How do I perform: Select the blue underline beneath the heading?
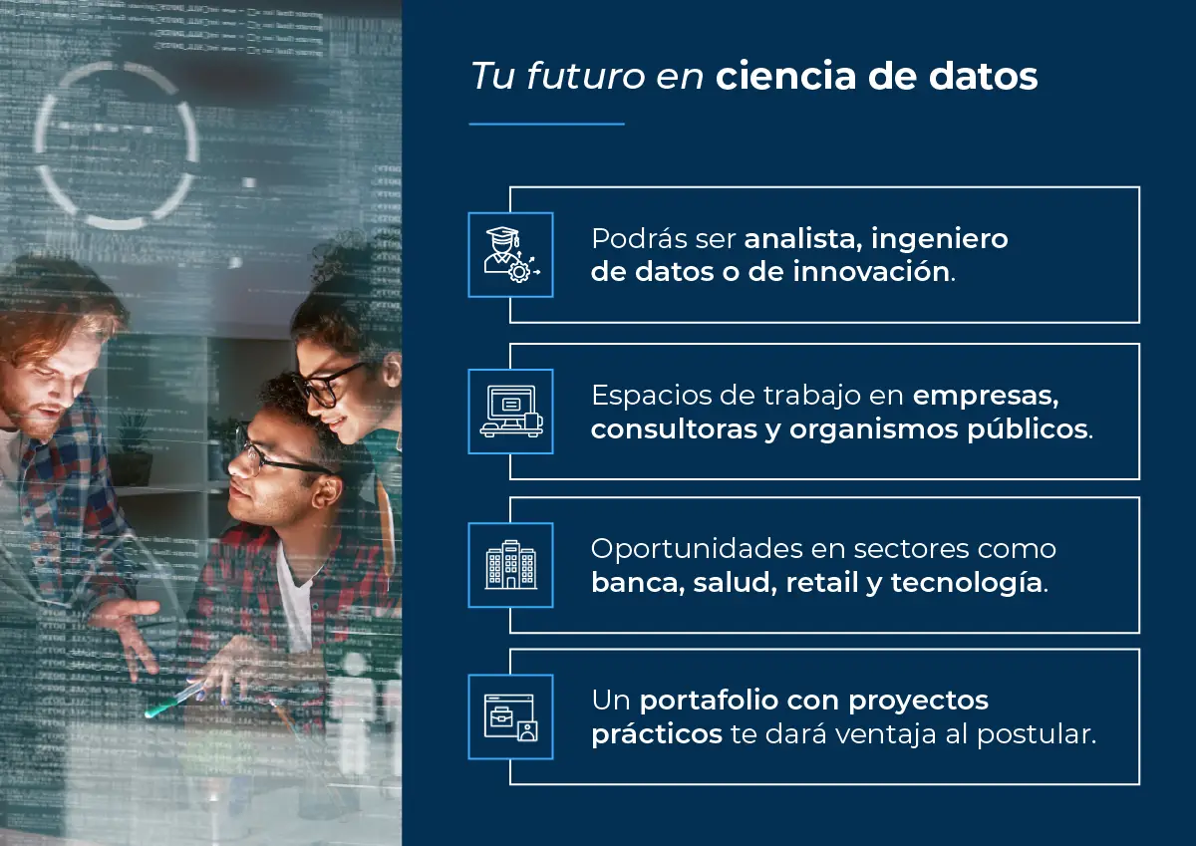[546, 125]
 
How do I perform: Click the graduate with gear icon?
[510, 254]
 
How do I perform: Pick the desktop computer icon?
[510, 412]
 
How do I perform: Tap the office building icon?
[510, 565]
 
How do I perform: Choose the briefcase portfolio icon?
[510, 716]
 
